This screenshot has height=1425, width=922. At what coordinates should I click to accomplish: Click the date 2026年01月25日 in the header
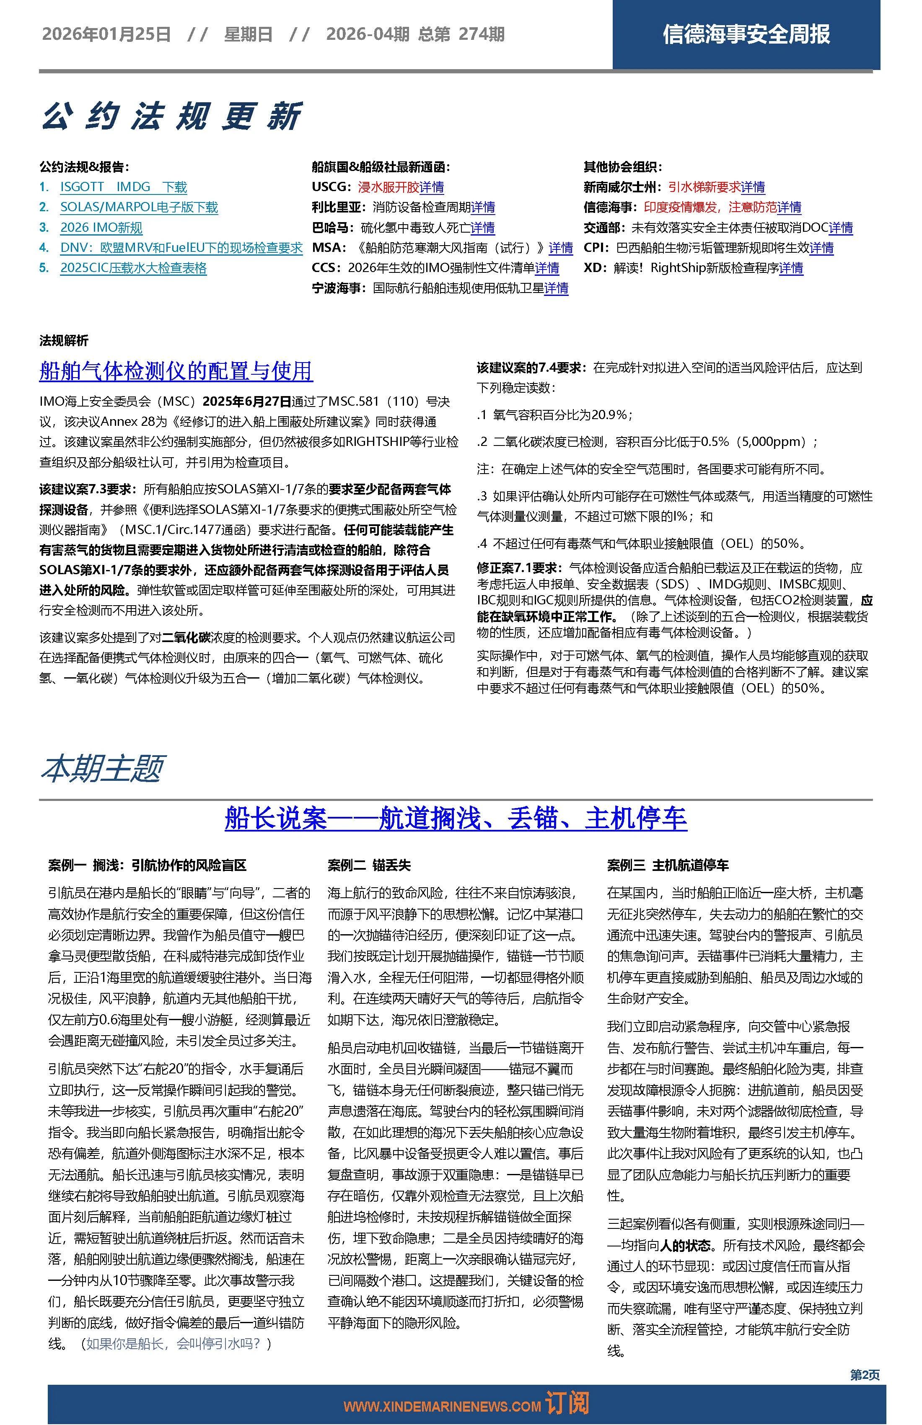click(106, 35)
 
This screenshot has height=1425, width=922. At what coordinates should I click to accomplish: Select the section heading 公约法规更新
click(171, 116)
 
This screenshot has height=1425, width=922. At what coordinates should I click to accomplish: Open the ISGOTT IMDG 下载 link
click(123, 187)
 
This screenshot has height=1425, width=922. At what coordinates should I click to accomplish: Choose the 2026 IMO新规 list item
click(101, 228)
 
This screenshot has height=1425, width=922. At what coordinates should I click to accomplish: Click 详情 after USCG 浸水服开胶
click(432, 187)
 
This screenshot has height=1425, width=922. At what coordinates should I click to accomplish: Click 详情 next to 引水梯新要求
click(753, 187)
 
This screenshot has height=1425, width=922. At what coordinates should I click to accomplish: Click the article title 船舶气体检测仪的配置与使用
click(176, 371)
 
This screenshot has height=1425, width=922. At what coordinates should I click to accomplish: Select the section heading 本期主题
click(102, 768)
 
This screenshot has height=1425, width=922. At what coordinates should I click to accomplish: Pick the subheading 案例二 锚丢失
click(369, 865)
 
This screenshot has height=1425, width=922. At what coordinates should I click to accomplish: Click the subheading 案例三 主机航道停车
click(668, 865)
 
